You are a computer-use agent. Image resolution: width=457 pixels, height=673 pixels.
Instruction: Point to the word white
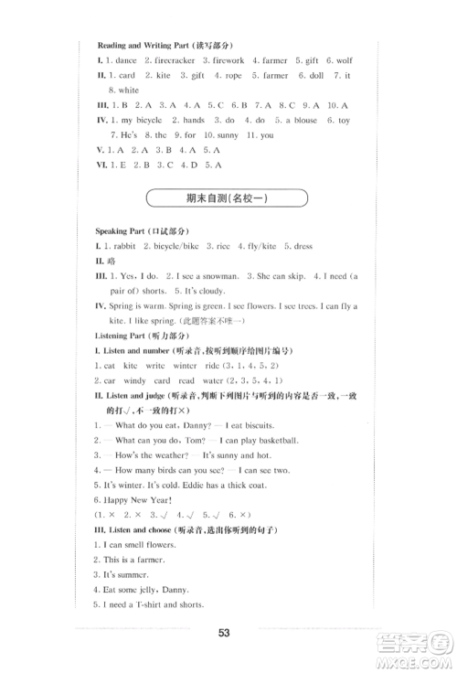(129, 91)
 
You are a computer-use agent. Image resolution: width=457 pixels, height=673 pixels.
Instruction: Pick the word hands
(193, 120)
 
